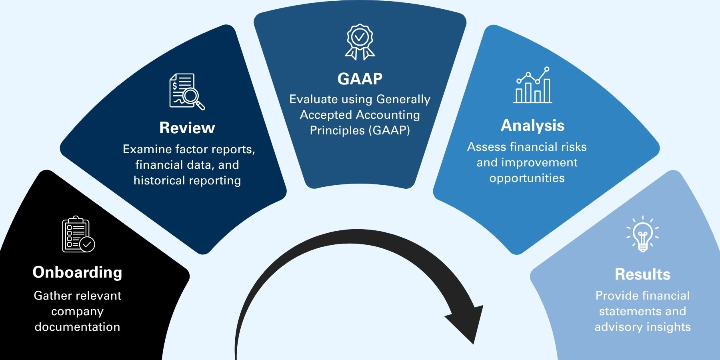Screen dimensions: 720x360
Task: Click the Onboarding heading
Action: [x=77, y=272]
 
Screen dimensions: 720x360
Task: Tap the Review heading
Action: [x=187, y=128]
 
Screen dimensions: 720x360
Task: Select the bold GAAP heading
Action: [x=360, y=79]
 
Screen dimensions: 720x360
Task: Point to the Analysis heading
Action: [x=532, y=126]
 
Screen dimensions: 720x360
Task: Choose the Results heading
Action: [x=642, y=274]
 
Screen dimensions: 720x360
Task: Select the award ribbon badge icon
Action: [x=360, y=42]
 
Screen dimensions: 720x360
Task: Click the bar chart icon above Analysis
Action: [x=533, y=85]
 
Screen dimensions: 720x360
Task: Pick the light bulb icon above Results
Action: [x=642, y=234]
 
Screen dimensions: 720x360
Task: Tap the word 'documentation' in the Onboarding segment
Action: [x=77, y=327]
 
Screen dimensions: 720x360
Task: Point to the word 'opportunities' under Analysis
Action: [x=527, y=178]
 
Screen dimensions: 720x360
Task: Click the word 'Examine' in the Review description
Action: [x=147, y=149]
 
